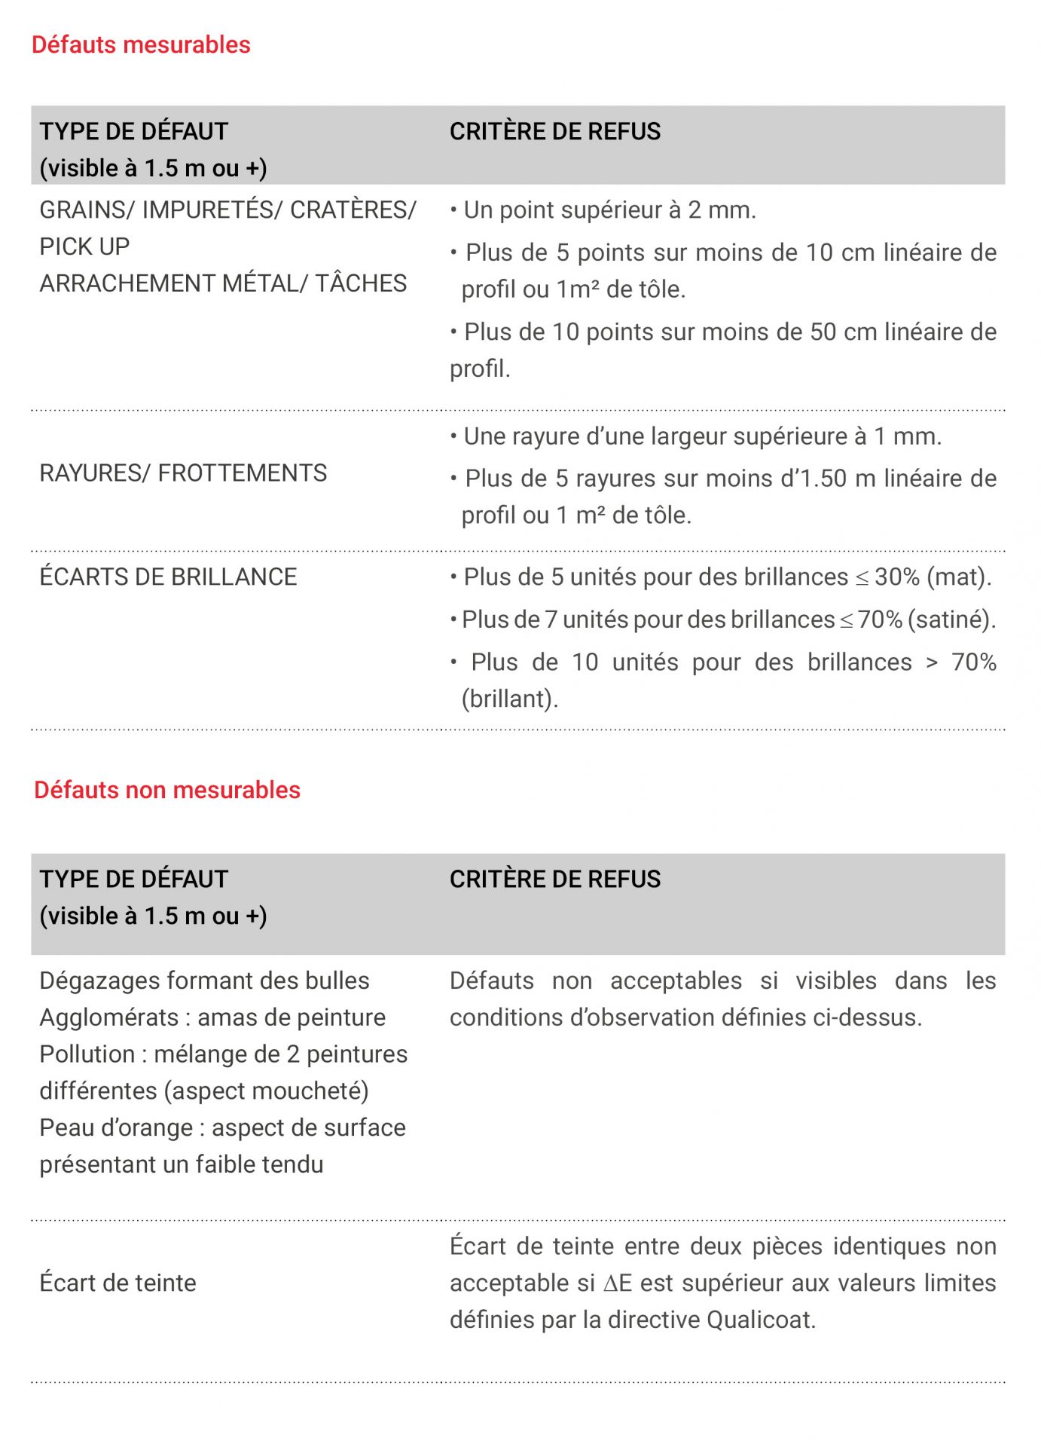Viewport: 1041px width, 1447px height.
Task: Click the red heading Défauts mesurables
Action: [x=141, y=45]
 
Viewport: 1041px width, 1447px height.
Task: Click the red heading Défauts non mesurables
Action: [x=167, y=790]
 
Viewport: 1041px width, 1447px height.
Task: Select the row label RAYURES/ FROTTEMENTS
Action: [x=183, y=473]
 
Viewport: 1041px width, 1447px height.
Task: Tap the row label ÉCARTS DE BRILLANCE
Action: [x=168, y=577]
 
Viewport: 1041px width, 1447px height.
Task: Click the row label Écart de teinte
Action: [x=118, y=1283]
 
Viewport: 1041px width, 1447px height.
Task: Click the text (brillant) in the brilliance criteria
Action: [x=510, y=699]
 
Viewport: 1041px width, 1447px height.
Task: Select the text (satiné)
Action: [x=951, y=619]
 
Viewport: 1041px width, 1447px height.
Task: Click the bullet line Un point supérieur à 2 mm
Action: [x=609, y=210]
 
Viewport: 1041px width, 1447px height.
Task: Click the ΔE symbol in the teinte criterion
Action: [x=617, y=1283]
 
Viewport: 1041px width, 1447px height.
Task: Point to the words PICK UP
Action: [x=84, y=246]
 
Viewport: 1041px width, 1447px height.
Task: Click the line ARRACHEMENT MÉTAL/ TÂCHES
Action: [x=223, y=283]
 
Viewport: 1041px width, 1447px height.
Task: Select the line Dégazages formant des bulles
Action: [x=204, y=980]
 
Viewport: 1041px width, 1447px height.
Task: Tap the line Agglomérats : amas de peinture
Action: [x=212, y=1017]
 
